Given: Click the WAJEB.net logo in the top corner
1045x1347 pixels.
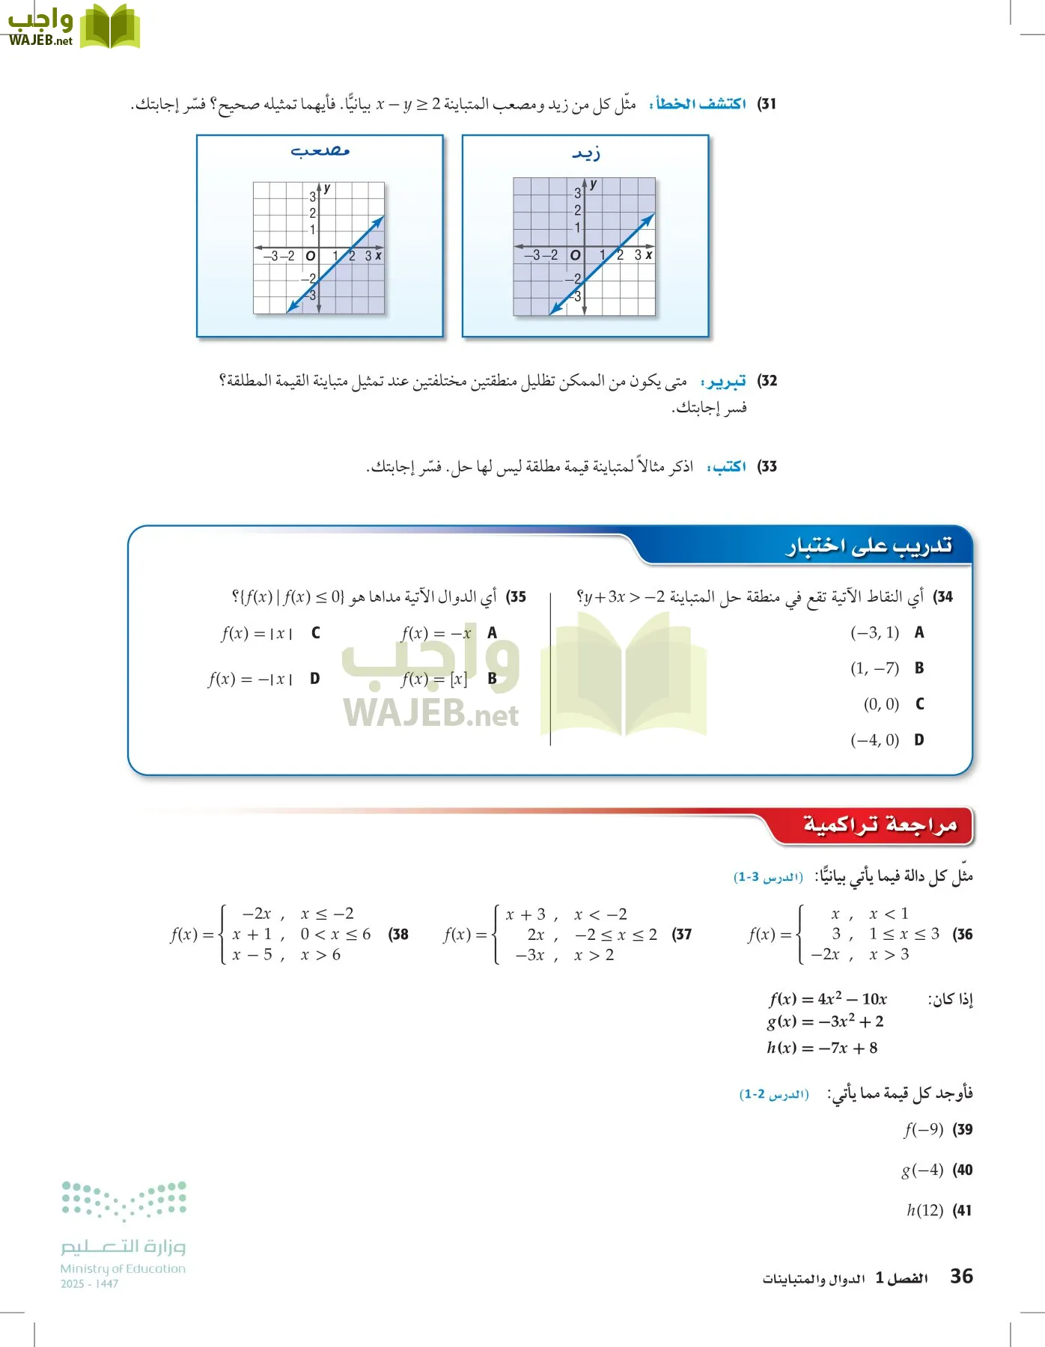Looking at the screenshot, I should click(73, 27).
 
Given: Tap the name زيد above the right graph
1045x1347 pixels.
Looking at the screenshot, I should click(586, 153).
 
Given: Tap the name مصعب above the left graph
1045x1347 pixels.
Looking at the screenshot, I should click(320, 151).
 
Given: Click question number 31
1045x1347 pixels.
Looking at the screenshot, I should click(767, 104).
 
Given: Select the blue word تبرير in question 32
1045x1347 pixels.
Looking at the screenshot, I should click(724, 382).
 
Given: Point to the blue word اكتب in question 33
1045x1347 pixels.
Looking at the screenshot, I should click(728, 467).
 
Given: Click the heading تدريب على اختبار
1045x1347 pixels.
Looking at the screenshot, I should click(868, 546).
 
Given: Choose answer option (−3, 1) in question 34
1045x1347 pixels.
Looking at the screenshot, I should click(874, 633).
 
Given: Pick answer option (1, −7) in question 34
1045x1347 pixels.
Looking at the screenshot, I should click(874, 668).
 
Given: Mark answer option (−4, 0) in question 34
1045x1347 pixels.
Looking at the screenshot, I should click(874, 740).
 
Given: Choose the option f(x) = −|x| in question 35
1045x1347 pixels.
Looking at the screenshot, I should click(251, 679).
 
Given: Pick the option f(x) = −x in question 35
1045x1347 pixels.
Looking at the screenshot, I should click(436, 634).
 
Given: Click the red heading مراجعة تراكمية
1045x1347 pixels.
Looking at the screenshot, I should click(880, 825).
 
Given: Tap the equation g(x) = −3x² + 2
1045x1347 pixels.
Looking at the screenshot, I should click(825, 1021).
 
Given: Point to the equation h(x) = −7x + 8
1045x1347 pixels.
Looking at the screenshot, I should click(822, 1048).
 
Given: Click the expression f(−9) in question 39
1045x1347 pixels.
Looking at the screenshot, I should click(924, 1129).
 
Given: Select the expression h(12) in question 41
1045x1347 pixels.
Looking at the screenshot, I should click(924, 1210).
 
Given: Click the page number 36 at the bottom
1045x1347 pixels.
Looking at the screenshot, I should click(961, 1276).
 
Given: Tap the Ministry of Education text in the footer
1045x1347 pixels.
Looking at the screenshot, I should click(123, 1268).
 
